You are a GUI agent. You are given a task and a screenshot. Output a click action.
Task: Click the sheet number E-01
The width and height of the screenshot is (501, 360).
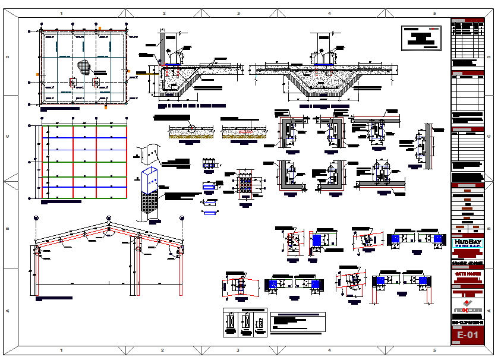pyautogui.click(x=468, y=336)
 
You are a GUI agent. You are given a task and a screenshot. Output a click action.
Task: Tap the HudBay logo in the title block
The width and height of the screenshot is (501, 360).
pyautogui.click(x=468, y=244)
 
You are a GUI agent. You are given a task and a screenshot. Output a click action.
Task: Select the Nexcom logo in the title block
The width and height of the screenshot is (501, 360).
pyautogui.click(x=468, y=307)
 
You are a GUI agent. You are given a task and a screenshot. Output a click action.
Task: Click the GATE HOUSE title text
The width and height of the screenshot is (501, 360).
pyautogui.click(x=468, y=274)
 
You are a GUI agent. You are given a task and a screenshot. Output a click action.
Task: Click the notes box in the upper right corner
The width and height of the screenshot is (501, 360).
pyautogui.click(x=423, y=38)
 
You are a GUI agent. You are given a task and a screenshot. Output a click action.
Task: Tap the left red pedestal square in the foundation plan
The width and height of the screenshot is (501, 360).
pyautogui.click(x=73, y=83)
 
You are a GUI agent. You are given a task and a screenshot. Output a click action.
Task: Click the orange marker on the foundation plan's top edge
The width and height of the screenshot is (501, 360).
pyautogui.click(x=100, y=28)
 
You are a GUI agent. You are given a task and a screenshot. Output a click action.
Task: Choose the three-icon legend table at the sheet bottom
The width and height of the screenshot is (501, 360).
pyautogui.click(x=244, y=323)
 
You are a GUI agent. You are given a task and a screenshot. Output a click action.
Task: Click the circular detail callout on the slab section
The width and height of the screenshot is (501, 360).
pyautogui.click(x=191, y=128)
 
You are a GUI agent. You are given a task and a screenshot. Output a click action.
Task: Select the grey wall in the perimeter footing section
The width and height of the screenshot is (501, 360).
pyautogui.click(x=161, y=48)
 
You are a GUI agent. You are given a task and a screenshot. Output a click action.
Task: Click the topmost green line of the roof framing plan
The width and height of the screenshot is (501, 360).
pyautogui.click(x=83, y=126)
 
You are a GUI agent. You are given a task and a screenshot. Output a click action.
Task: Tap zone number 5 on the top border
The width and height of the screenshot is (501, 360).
pyautogui.click(x=434, y=13)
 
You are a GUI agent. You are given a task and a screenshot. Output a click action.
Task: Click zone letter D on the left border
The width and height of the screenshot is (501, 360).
pyautogui.click(x=8, y=57)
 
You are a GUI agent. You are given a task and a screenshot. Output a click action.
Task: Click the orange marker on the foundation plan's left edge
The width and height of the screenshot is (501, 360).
pyautogui.click(x=38, y=74)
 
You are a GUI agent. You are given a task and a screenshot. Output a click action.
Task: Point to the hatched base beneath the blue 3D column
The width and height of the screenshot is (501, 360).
pyautogui.click(x=149, y=208)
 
